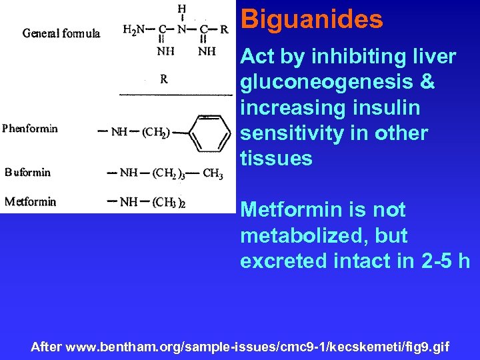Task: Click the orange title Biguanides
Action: (311, 19)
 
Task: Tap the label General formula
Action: (62, 33)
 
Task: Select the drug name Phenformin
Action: (30, 129)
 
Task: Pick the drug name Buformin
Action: (28, 172)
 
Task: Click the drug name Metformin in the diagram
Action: (30, 201)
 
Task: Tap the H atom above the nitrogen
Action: (182, 8)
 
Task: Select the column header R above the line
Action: (163, 79)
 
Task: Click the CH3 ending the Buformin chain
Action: (213, 175)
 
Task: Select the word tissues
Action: (276, 158)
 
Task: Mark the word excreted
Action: (281, 261)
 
